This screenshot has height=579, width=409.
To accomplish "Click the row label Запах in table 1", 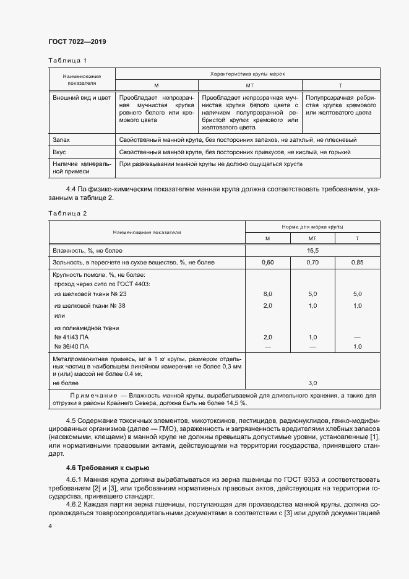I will (x=61, y=141).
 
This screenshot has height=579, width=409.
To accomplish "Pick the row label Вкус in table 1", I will (x=59, y=152).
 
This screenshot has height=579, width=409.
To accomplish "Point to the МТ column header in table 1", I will (x=251, y=85).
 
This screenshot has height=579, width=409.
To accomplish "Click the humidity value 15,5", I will (x=312, y=250).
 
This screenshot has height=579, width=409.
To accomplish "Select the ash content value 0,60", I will (x=267, y=263).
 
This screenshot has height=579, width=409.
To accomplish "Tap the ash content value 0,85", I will (x=357, y=263).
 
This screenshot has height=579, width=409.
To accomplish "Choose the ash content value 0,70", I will (x=312, y=263).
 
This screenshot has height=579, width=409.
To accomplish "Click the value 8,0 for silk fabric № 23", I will (x=267, y=294).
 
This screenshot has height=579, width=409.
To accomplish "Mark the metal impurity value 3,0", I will (x=312, y=383).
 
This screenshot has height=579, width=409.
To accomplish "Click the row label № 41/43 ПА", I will (x=71, y=337).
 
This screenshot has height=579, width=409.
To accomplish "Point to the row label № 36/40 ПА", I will (x=71, y=346).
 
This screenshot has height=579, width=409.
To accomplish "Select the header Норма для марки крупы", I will (x=312, y=227).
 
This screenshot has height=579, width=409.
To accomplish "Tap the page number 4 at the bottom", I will (x=50, y=526).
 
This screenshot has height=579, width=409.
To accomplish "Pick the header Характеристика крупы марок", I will (x=248, y=74).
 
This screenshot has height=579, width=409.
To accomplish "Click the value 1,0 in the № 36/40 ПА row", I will (x=357, y=346).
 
